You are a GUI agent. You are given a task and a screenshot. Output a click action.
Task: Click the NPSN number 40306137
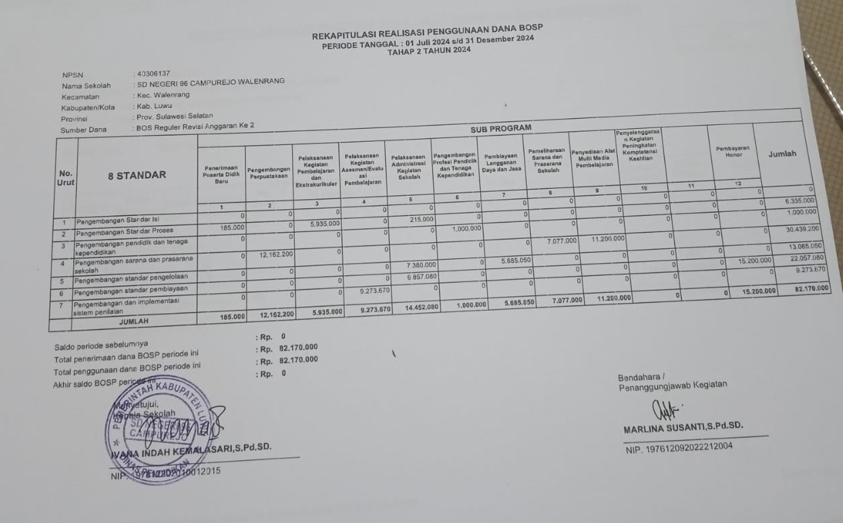coord(152,73)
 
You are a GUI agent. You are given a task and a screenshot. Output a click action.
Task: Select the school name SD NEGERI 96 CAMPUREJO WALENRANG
coord(210,82)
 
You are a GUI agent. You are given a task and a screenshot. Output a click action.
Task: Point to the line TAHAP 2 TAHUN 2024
coord(429,50)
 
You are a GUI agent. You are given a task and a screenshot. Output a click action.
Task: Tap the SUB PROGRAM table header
coord(500,128)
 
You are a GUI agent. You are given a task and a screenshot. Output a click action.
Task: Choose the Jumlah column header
coord(782,154)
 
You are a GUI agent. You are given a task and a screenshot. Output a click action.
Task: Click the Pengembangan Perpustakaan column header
coord(268,172)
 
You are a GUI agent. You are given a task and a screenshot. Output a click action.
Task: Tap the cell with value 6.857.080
coord(422,277)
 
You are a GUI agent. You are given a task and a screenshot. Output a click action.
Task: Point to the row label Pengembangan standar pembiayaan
coord(132,290)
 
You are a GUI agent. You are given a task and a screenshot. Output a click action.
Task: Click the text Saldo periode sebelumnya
coord(101,346)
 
